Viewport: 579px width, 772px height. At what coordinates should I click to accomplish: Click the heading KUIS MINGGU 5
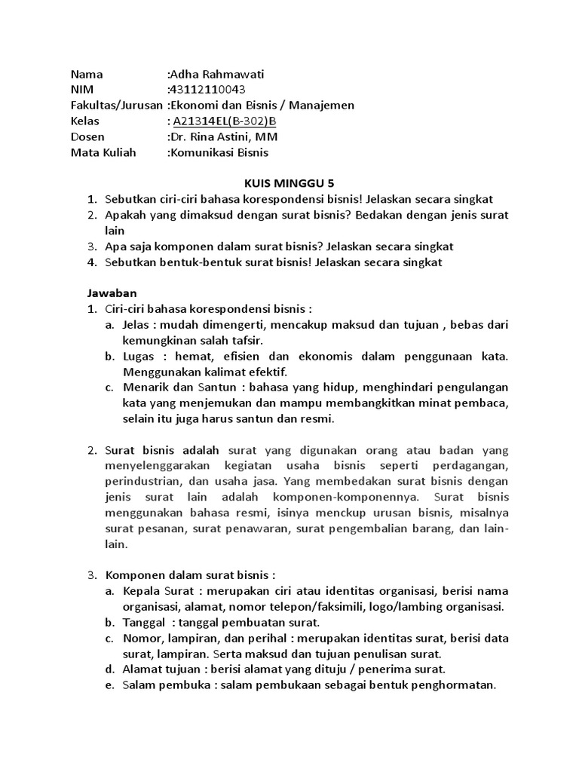pyautogui.click(x=289, y=184)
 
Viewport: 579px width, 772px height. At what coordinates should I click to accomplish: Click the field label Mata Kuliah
pyautogui.click(x=104, y=153)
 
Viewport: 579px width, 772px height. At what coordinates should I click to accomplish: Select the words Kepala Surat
pyautogui.click(x=158, y=591)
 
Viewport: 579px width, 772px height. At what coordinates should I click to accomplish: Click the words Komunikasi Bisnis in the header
pyautogui.click(x=219, y=153)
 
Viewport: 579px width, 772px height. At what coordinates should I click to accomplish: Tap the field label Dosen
pyautogui.click(x=88, y=137)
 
